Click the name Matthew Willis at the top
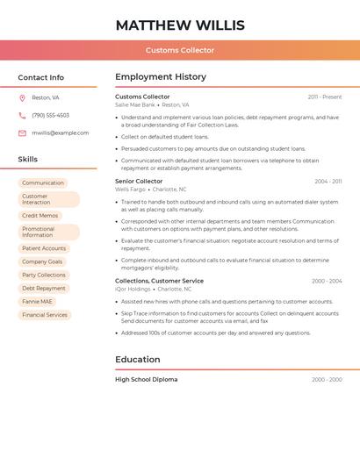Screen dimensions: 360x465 click(180, 25)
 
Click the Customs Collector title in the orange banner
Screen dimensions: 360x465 click(180, 50)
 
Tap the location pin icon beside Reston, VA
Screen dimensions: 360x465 click(22, 97)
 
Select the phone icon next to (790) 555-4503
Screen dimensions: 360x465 click(22, 115)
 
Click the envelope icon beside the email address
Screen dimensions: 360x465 click(22, 133)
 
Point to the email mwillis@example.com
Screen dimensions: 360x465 click(60, 133)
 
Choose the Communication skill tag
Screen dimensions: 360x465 click(43, 183)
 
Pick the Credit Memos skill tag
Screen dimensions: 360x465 click(40, 216)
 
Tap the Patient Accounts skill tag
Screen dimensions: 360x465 click(44, 248)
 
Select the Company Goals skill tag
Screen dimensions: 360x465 click(42, 261)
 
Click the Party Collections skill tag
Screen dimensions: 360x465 click(44, 275)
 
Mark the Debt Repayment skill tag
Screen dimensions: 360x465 click(44, 288)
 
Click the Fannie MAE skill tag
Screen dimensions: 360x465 click(39, 301)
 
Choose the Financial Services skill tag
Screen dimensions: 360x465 click(45, 314)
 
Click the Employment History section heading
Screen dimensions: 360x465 click(161, 77)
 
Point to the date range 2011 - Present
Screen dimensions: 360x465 click(325, 97)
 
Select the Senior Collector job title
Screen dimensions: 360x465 click(139, 181)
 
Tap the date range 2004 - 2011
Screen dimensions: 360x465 click(328, 181)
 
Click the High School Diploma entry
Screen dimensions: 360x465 click(146, 379)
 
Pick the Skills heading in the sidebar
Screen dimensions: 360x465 click(28, 160)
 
